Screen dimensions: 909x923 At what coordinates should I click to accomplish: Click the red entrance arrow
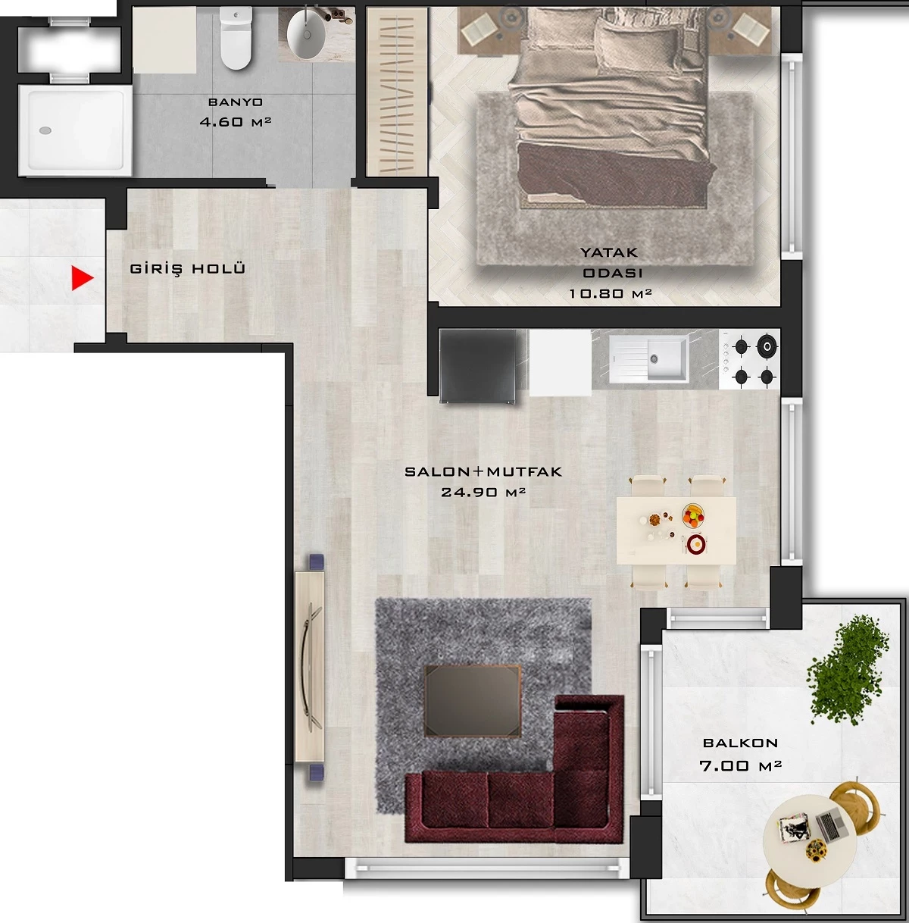pyautogui.click(x=82, y=278)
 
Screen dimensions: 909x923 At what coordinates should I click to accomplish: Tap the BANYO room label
pyautogui.click(x=235, y=102)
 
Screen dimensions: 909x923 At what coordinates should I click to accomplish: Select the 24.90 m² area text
pyautogui.click(x=483, y=492)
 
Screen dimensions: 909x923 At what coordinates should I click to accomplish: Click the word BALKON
pyautogui.click(x=740, y=743)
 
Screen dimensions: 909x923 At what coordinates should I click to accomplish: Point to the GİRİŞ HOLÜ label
pyautogui.click(x=188, y=269)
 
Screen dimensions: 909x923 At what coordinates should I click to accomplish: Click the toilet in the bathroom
pyautogui.click(x=236, y=38)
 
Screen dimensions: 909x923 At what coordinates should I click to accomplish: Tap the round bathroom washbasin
pyautogui.click(x=307, y=33)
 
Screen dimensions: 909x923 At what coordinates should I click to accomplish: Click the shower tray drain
pyautogui.click(x=45, y=130)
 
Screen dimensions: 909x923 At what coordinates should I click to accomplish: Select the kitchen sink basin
pyautogui.click(x=667, y=358)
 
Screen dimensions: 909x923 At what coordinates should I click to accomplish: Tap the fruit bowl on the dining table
pyautogui.click(x=693, y=515)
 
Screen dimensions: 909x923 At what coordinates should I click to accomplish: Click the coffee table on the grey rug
pyautogui.click(x=473, y=700)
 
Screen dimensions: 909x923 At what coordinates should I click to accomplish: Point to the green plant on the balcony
pyautogui.click(x=847, y=671)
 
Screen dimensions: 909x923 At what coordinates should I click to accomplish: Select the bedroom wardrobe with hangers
pyautogui.click(x=397, y=92)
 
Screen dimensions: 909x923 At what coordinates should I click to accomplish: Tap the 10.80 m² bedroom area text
pyautogui.click(x=610, y=293)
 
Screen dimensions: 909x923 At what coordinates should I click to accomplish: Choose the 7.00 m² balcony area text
pyautogui.click(x=740, y=765)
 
